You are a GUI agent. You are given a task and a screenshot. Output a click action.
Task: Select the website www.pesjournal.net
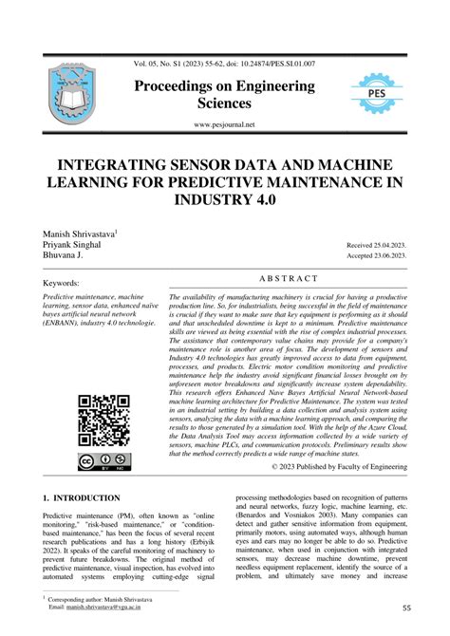225,124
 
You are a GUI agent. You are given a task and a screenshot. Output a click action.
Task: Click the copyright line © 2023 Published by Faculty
340,468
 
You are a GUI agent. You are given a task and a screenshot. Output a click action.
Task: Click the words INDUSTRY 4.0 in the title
225,201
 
